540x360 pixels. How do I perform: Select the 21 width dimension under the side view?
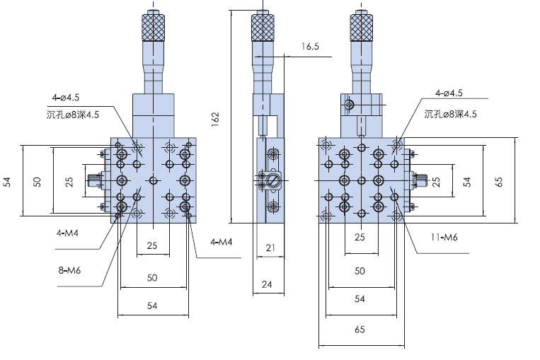[270, 247]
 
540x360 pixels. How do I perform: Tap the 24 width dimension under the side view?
[267, 284]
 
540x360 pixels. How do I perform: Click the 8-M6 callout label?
[68, 269]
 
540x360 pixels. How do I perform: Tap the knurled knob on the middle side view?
[263, 28]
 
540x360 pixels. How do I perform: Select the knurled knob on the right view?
[361, 28]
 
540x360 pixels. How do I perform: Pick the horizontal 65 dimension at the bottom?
[359, 329]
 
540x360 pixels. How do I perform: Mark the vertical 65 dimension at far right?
[498, 181]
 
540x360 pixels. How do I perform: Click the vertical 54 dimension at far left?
[7, 182]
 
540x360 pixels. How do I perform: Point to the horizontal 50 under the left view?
[152, 278]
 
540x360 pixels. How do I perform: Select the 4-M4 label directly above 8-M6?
[69, 231]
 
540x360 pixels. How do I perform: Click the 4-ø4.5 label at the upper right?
[449, 93]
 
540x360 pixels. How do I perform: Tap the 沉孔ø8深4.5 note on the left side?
[74, 113]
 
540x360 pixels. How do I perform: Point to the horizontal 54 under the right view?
[359, 299]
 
